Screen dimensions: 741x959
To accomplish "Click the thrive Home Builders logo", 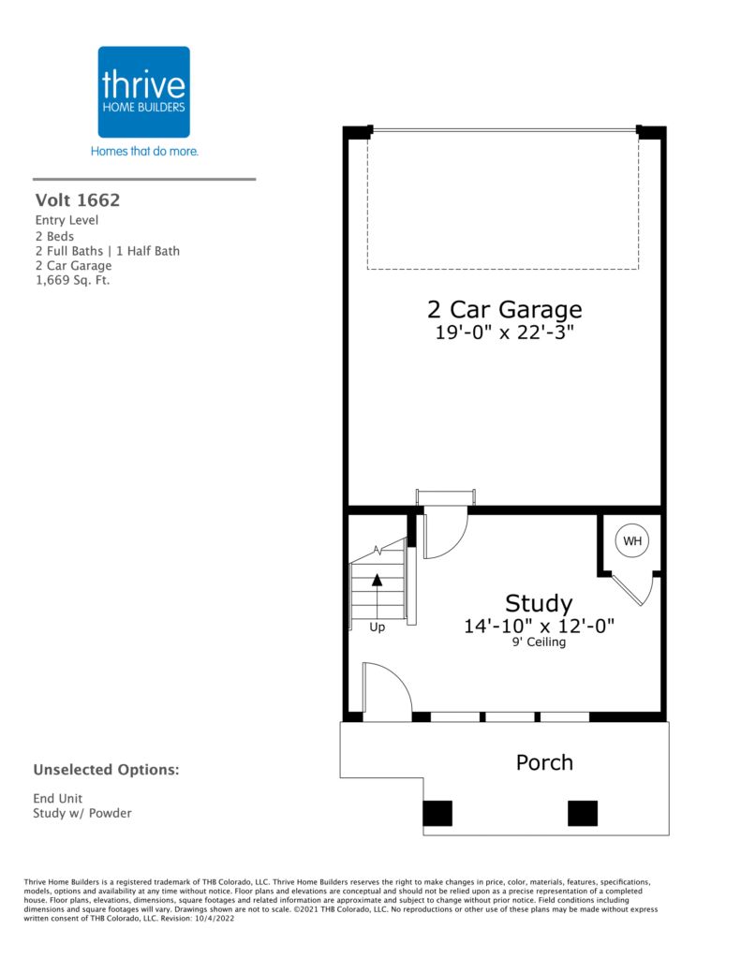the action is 143,92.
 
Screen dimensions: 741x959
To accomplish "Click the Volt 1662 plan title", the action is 78,200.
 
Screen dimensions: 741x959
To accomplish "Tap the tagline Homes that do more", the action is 144,151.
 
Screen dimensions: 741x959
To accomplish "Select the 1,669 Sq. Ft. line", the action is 72,281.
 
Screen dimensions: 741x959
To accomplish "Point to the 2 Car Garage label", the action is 504,309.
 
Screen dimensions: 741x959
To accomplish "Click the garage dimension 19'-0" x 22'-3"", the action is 504,332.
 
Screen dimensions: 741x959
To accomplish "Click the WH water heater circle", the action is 632,540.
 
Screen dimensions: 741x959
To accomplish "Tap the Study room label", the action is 539,604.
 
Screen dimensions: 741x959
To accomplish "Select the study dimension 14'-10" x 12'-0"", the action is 539,627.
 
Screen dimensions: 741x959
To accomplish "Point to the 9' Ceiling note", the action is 539,642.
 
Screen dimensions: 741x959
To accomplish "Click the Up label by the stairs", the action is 377,627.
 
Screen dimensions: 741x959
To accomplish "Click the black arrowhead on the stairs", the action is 377,580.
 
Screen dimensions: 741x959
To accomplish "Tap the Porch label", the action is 544,762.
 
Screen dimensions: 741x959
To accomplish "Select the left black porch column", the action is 437,814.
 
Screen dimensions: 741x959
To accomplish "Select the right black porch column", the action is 583,814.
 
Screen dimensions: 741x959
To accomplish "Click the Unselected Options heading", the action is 107,770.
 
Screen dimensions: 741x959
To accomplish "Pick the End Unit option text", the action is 57,798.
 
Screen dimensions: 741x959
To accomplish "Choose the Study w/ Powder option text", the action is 82,814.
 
